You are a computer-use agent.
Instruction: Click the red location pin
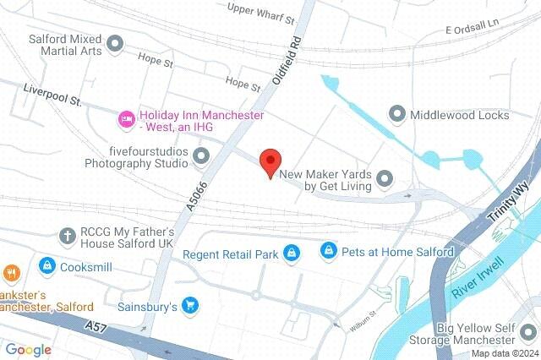coord(270,161)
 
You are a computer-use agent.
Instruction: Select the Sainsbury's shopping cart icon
coord(192,306)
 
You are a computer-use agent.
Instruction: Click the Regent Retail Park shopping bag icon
coord(292,253)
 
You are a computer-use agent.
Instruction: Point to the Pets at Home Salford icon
coord(329,251)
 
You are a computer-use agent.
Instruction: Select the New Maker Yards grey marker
coord(385,177)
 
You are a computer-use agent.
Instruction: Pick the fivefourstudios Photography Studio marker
coord(201,155)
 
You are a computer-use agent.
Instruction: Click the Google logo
coord(28,350)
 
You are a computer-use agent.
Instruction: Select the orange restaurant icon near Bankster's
coord(11,273)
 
